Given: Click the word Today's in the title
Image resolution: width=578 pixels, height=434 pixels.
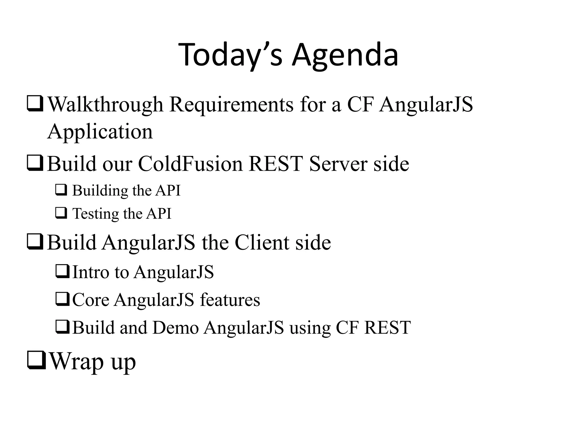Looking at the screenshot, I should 230,55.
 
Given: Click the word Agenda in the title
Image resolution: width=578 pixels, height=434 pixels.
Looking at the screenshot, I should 345,55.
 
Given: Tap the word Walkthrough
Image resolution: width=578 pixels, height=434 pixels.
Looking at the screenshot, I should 105,105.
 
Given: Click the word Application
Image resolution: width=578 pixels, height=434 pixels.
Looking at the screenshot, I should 100,132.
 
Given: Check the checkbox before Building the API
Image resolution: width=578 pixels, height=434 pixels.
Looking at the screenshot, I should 61,190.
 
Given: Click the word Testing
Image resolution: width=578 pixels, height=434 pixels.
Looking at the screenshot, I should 95,214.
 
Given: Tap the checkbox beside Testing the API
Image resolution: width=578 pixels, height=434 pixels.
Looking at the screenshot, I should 61,213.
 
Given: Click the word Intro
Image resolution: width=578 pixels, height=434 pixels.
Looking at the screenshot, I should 91,272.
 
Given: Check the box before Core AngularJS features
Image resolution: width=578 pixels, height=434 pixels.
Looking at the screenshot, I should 62,300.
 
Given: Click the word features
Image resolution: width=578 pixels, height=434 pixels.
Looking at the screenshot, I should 230,300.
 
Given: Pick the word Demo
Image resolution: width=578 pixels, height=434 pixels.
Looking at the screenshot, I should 176,328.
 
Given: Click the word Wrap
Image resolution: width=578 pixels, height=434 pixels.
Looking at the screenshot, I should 76,362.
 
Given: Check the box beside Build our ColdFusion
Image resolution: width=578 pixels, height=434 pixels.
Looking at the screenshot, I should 35,164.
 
